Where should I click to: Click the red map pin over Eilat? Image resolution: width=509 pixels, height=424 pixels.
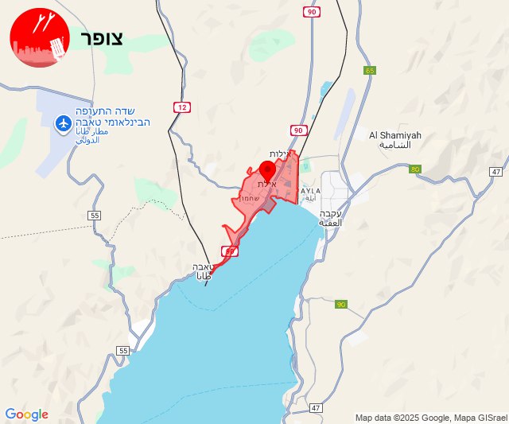pyautogui.click(x=267, y=169)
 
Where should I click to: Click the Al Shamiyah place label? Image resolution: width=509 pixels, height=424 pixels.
pyautogui.click(x=395, y=135)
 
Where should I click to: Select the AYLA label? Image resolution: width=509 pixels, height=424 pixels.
pyautogui.click(x=310, y=191)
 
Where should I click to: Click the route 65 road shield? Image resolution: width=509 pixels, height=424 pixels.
pyautogui.click(x=369, y=71)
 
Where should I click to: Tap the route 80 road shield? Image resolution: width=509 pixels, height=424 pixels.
pyautogui.click(x=415, y=169)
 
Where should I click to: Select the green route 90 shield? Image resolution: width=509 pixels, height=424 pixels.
pyautogui.click(x=341, y=305)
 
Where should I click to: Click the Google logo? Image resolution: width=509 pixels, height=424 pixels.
pyautogui.click(x=26, y=414)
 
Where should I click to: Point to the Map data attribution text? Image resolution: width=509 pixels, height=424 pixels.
pyautogui.click(x=429, y=418)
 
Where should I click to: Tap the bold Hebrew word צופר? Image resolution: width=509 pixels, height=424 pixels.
pyautogui.click(x=101, y=39)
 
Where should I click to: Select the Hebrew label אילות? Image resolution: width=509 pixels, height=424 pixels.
pyautogui.click(x=278, y=154)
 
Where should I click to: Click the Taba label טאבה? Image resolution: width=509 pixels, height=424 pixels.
pyautogui.click(x=202, y=267)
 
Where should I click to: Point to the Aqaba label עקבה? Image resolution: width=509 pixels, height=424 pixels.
pyautogui.click(x=330, y=213)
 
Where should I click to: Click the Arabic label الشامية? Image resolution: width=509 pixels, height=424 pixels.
pyautogui.click(x=395, y=146)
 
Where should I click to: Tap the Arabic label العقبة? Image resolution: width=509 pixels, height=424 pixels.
pyautogui.click(x=330, y=223)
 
